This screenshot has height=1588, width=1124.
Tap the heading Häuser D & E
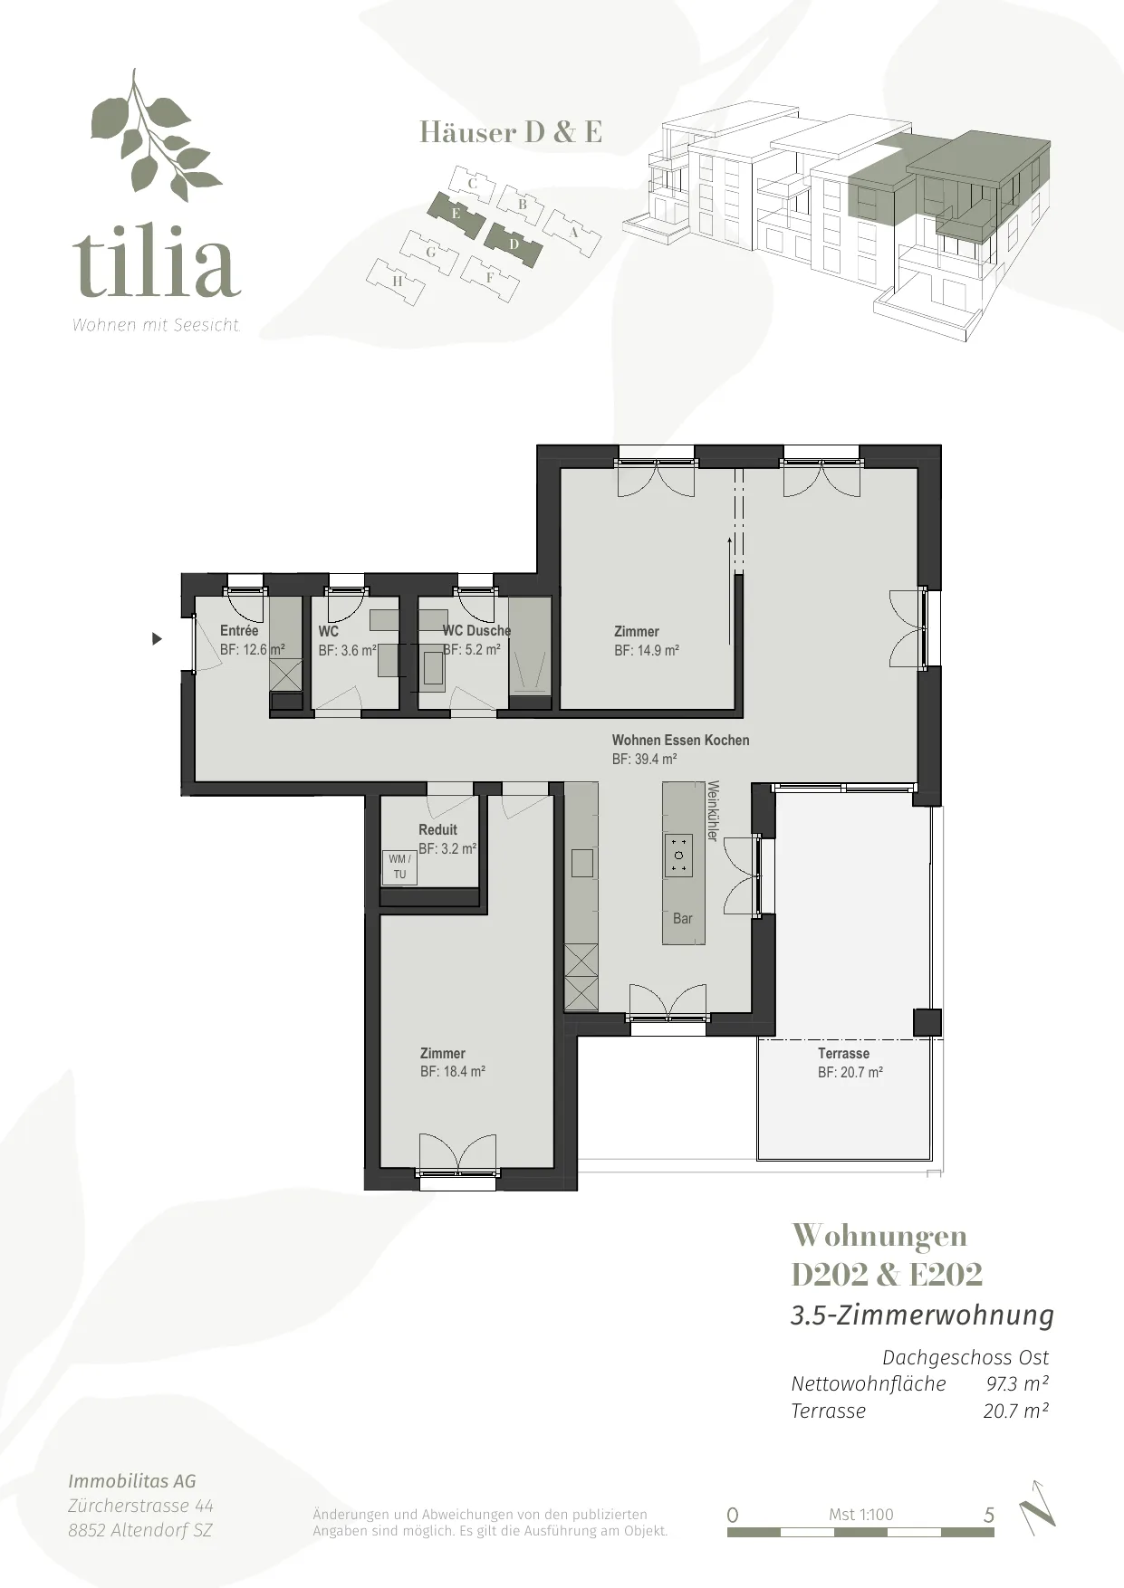[x=511, y=133]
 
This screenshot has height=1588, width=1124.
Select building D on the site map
[x=514, y=244]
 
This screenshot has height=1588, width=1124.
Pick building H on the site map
[x=397, y=282]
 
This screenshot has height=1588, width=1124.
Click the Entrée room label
[x=239, y=630]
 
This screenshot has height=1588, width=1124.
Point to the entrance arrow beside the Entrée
[x=157, y=639]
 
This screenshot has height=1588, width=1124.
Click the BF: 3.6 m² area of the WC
[x=348, y=650]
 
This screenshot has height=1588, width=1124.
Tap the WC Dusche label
[x=476, y=630]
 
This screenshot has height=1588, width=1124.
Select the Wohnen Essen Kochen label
[x=680, y=740]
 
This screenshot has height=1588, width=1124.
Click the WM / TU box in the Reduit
[x=399, y=866]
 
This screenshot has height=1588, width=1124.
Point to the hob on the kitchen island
[x=678, y=856]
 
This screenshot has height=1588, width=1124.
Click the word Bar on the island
[x=683, y=918]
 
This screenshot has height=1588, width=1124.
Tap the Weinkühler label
[x=713, y=811]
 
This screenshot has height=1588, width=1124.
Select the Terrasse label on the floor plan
[x=843, y=1053]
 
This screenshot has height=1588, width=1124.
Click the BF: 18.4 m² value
[x=453, y=1071]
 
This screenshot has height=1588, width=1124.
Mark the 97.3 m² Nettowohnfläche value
[x=1017, y=1383]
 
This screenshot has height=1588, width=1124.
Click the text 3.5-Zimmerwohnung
[x=922, y=1315]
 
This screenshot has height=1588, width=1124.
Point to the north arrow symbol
[x=1038, y=1509]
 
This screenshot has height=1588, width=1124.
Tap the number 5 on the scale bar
[x=989, y=1516]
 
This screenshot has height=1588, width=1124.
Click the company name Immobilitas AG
[x=132, y=1481]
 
